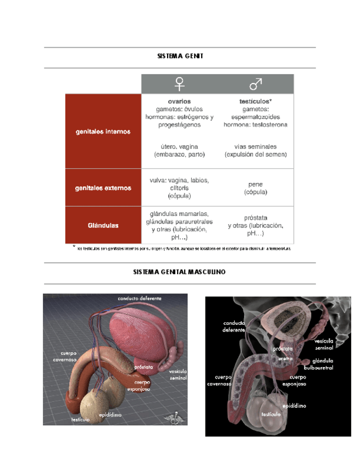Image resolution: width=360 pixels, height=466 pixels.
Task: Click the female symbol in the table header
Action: (x=179, y=84)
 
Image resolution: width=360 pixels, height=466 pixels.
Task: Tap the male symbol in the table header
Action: (x=256, y=84)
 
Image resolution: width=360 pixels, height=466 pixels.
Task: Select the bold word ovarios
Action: (x=179, y=102)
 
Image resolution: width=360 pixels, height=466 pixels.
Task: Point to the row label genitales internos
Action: (x=103, y=131)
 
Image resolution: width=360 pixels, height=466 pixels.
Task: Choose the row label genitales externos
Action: (x=103, y=188)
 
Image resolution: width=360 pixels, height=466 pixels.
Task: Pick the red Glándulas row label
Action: (x=103, y=225)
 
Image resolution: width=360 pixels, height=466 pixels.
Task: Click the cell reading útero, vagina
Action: (x=179, y=151)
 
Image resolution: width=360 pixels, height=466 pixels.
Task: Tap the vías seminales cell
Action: (x=256, y=151)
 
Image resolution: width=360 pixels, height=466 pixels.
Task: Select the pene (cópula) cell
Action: (x=256, y=188)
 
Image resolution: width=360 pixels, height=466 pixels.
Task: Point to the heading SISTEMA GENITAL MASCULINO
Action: (x=179, y=272)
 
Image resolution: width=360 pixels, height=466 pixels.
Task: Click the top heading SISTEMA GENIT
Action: (x=180, y=56)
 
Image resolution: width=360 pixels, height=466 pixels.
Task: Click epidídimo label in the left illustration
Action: (x=110, y=415)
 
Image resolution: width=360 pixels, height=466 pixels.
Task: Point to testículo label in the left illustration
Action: (x=80, y=420)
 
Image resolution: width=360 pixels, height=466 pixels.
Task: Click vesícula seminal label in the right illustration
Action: (x=323, y=345)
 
